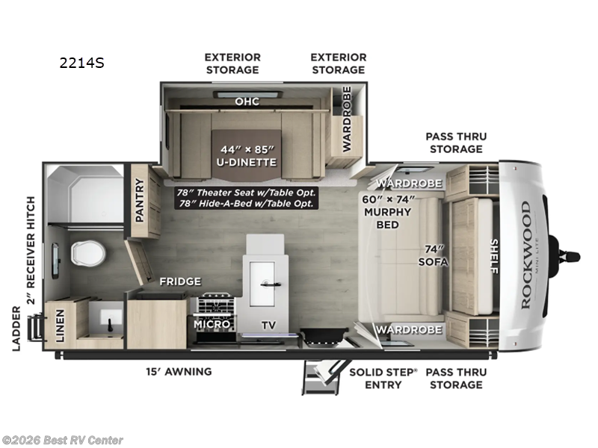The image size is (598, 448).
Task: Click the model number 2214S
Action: [81, 63]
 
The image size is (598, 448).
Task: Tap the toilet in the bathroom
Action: [87, 253]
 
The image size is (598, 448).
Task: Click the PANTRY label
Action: [139, 200]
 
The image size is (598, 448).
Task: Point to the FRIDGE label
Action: [179, 281]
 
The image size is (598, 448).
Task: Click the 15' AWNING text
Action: [179, 371]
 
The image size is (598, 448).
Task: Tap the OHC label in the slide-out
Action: [247, 101]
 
